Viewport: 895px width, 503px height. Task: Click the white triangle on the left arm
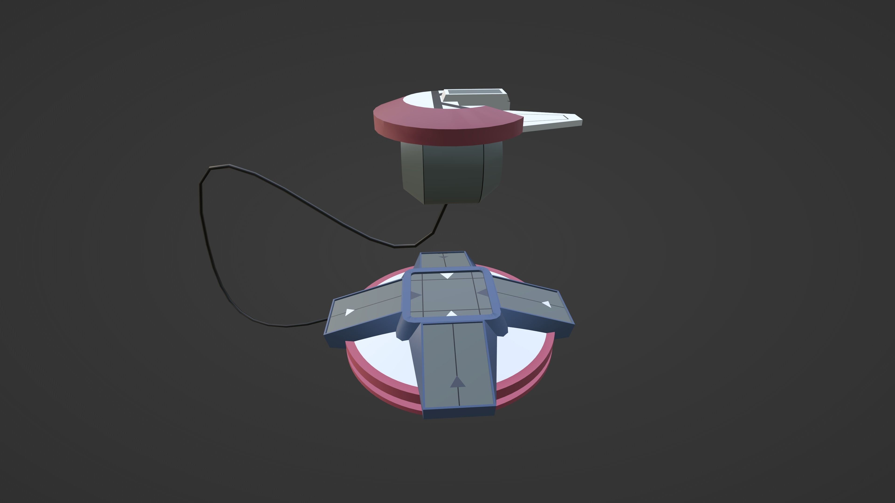pyautogui.click(x=349, y=312)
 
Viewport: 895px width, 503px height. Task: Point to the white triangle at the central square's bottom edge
pyautogui.click(x=451, y=314)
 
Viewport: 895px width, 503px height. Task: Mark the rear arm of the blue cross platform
pyautogui.click(x=445, y=260)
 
